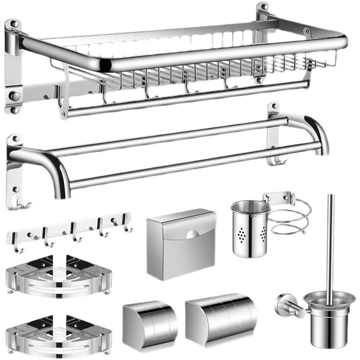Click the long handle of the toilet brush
click(x=330, y=243)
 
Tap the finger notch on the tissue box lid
click(x=192, y=234)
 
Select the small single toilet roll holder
click(x=150, y=321)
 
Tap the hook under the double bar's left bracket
click(x=18, y=205)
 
